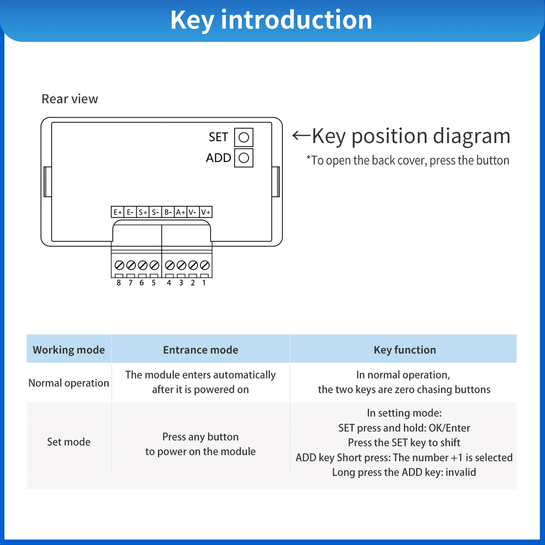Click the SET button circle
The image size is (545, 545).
(x=244, y=137)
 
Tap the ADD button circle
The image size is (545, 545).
(x=244, y=158)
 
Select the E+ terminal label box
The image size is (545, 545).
(x=118, y=212)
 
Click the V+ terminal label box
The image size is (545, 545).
(x=206, y=212)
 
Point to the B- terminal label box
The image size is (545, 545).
(x=168, y=212)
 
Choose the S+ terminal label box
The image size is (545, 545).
(x=143, y=212)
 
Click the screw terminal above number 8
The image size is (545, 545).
(x=119, y=265)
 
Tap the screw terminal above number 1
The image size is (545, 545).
(x=204, y=265)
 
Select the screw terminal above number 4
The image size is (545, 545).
(x=170, y=265)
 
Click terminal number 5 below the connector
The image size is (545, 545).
(x=154, y=283)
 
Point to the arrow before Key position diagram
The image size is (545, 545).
(x=301, y=136)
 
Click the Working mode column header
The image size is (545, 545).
(x=69, y=350)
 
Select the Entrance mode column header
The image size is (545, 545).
(x=201, y=350)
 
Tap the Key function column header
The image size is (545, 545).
(x=405, y=350)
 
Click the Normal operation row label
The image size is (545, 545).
(x=69, y=383)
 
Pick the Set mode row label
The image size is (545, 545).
(x=69, y=442)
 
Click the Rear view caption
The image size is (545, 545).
(x=70, y=99)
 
